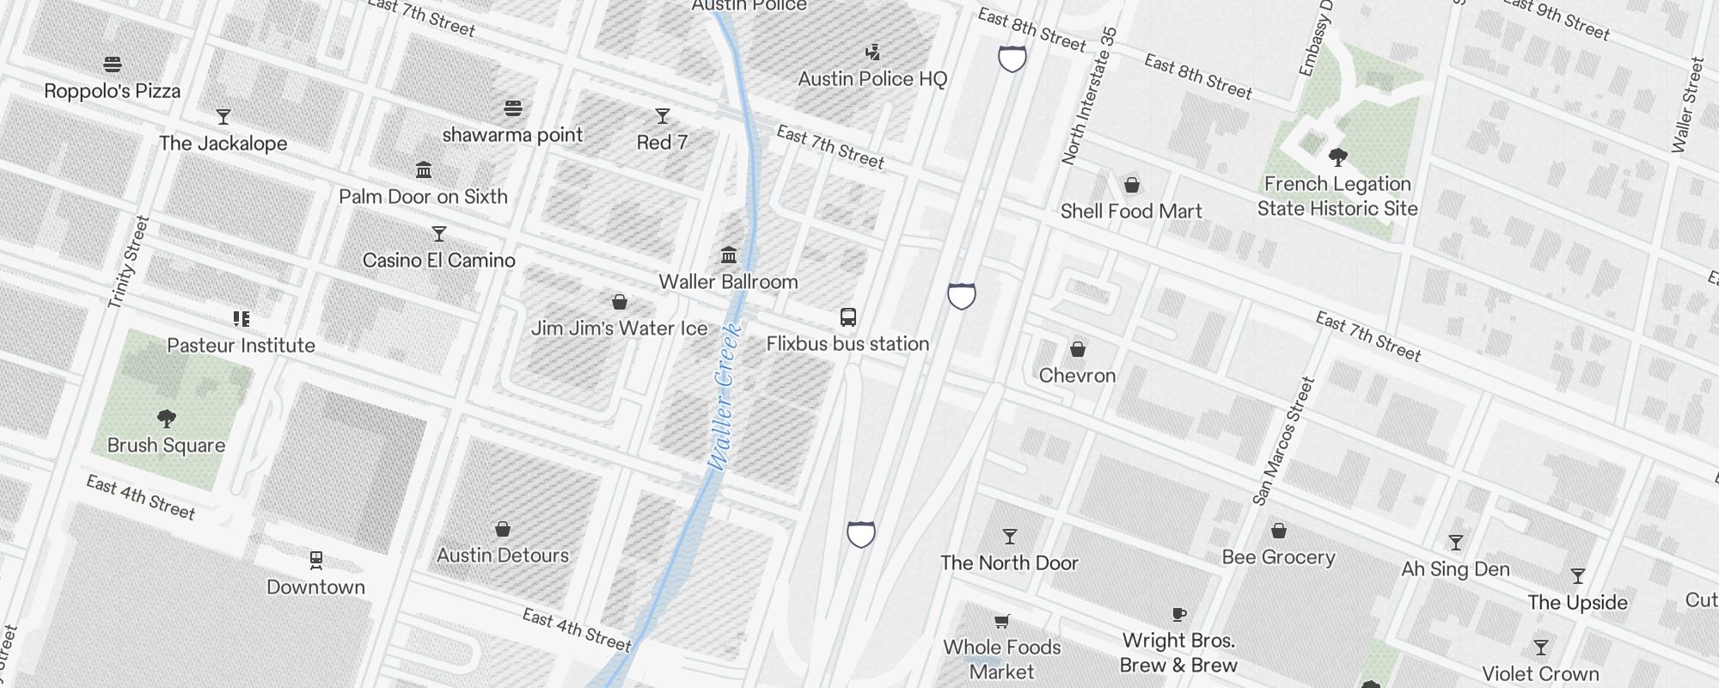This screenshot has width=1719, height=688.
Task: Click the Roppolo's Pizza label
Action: (113, 91)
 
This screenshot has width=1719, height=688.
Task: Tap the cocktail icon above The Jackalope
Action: (223, 116)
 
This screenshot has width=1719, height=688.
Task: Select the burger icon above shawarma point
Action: (513, 108)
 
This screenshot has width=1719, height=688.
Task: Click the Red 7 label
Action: (662, 143)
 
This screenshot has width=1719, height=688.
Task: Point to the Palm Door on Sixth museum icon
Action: (424, 169)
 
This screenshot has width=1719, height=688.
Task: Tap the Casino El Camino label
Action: (438, 261)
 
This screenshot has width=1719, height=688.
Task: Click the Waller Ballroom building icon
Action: (729, 255)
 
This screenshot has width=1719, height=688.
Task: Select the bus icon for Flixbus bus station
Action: (848, 317)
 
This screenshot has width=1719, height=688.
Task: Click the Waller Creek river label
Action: (724, 396)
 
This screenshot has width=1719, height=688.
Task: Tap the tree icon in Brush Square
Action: (167, 419)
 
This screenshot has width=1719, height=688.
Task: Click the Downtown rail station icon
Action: (315, 561)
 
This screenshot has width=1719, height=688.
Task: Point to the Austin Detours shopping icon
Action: (503, 529)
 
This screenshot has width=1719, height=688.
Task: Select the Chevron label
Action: (1077, 376)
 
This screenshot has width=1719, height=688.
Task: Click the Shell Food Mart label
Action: (1130, 212)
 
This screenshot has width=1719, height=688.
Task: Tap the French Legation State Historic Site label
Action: (1337, 196)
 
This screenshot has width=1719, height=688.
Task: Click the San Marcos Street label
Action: (1284, 441)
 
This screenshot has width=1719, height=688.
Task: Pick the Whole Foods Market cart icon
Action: (1001, 621)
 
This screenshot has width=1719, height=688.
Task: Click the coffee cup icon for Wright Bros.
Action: (1179, 614)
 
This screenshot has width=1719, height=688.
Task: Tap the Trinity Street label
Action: (129, 262)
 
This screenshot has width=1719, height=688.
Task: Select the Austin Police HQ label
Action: (872, 79)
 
